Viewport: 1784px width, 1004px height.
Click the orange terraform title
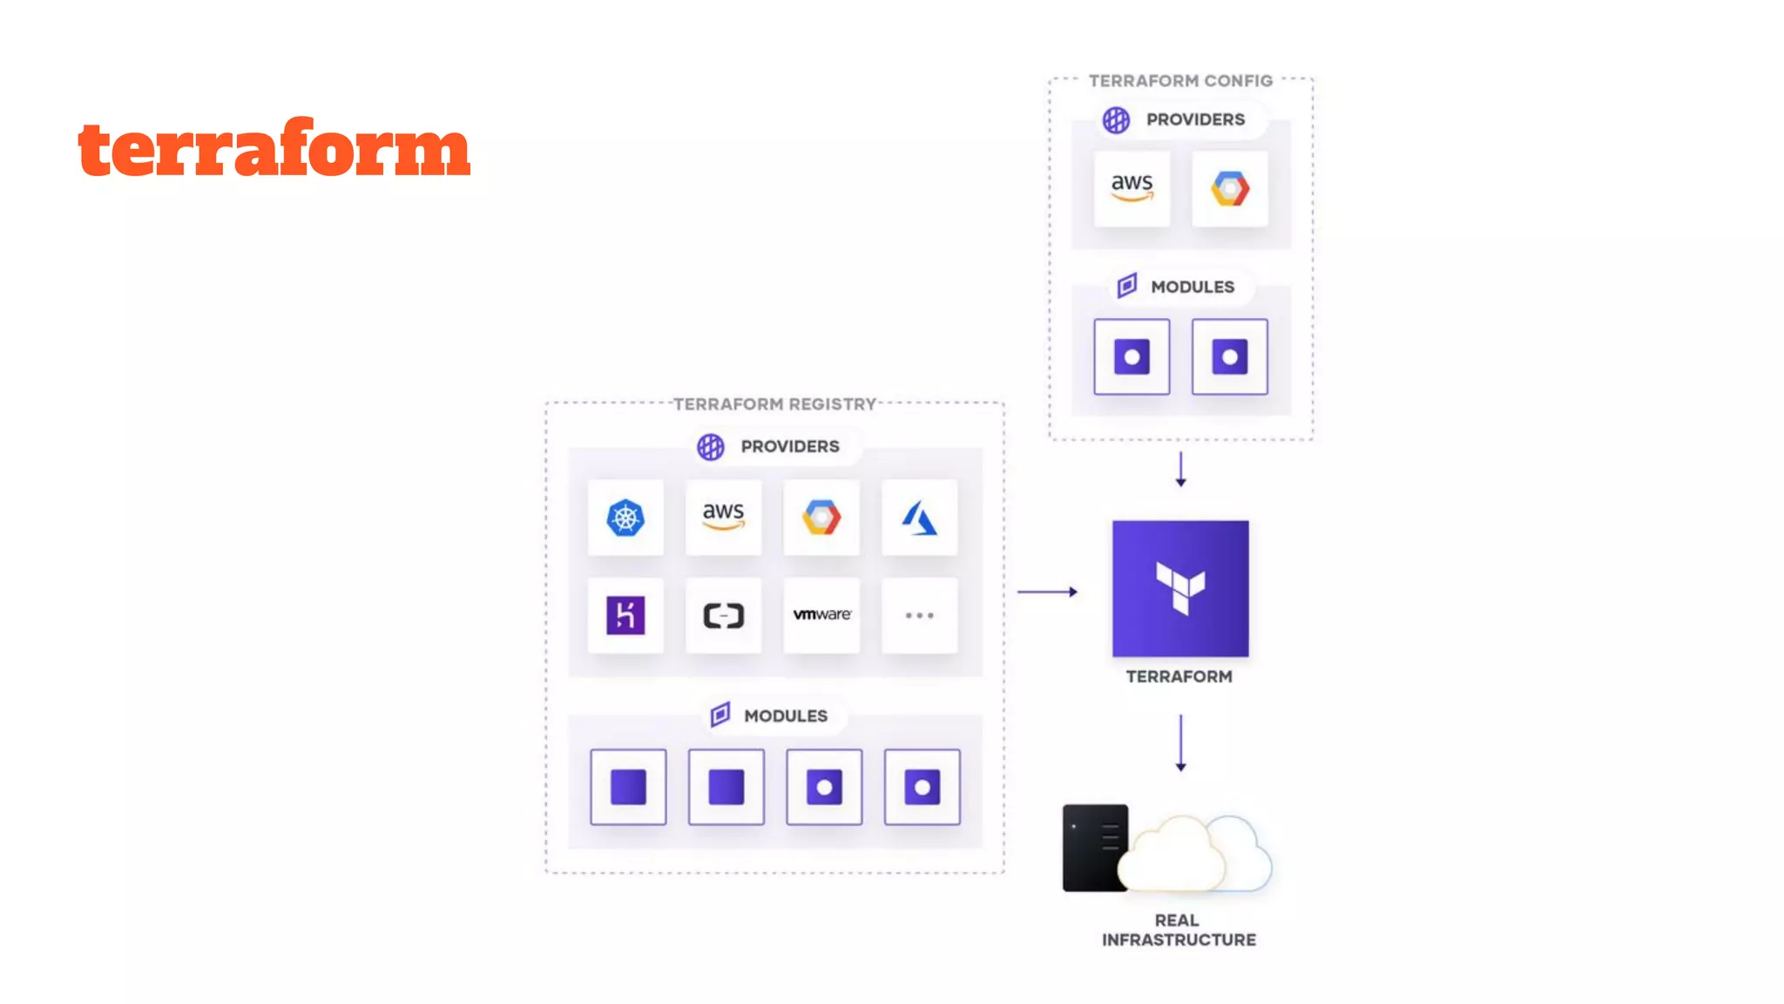274,148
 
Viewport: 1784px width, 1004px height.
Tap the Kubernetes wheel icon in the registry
625,518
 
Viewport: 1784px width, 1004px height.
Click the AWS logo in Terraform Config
1132,187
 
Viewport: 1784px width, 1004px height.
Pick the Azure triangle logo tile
919,518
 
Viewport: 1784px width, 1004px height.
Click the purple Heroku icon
625,615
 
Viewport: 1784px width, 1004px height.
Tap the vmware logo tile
821,615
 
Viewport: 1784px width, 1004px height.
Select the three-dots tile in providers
919,615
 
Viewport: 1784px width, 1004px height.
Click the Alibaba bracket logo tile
723,615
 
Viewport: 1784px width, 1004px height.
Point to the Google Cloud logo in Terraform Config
1229,188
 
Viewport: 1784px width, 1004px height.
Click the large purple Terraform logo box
1180,588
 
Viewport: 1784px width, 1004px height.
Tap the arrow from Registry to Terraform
1047,592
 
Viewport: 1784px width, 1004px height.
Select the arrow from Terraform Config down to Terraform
1180,469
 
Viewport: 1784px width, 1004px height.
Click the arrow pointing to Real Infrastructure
1180,743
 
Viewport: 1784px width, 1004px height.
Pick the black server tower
1093,847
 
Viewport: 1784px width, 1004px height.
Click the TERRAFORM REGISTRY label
774,404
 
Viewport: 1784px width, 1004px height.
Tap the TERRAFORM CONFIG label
1180,81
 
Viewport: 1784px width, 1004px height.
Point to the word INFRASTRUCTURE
1179,940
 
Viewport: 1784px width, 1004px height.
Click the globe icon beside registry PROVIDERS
711,446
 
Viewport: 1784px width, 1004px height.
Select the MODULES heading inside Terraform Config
1192,287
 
